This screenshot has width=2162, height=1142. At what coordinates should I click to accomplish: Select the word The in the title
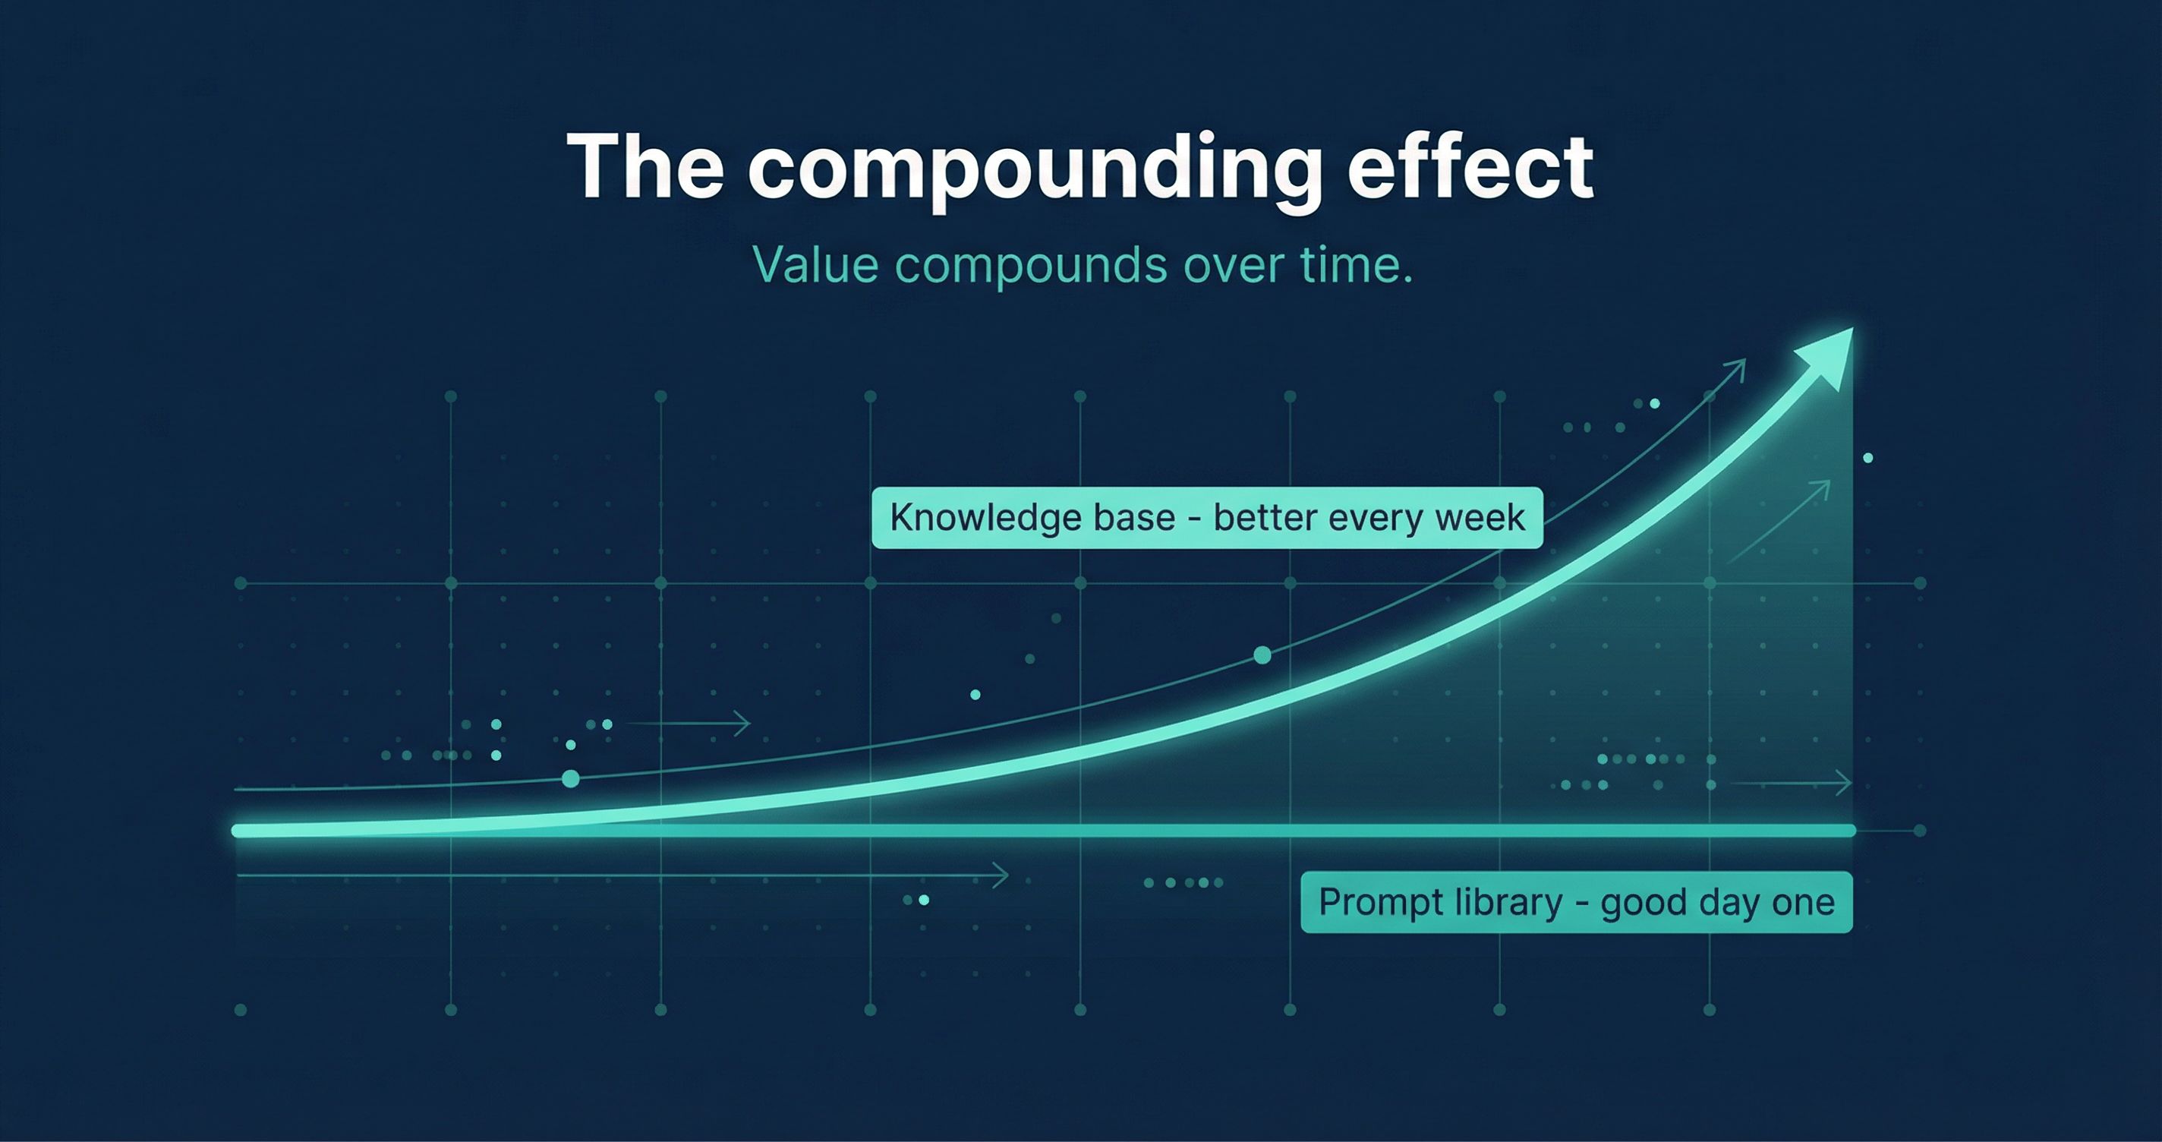click(x=645, y=166)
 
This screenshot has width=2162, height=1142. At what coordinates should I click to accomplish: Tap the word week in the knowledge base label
click(x=1479, y=518)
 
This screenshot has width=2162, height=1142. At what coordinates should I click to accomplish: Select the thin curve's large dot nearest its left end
click(x=571, y=779)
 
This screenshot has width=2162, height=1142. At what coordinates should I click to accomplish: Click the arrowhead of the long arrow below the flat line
click(x=1001, y=875)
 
